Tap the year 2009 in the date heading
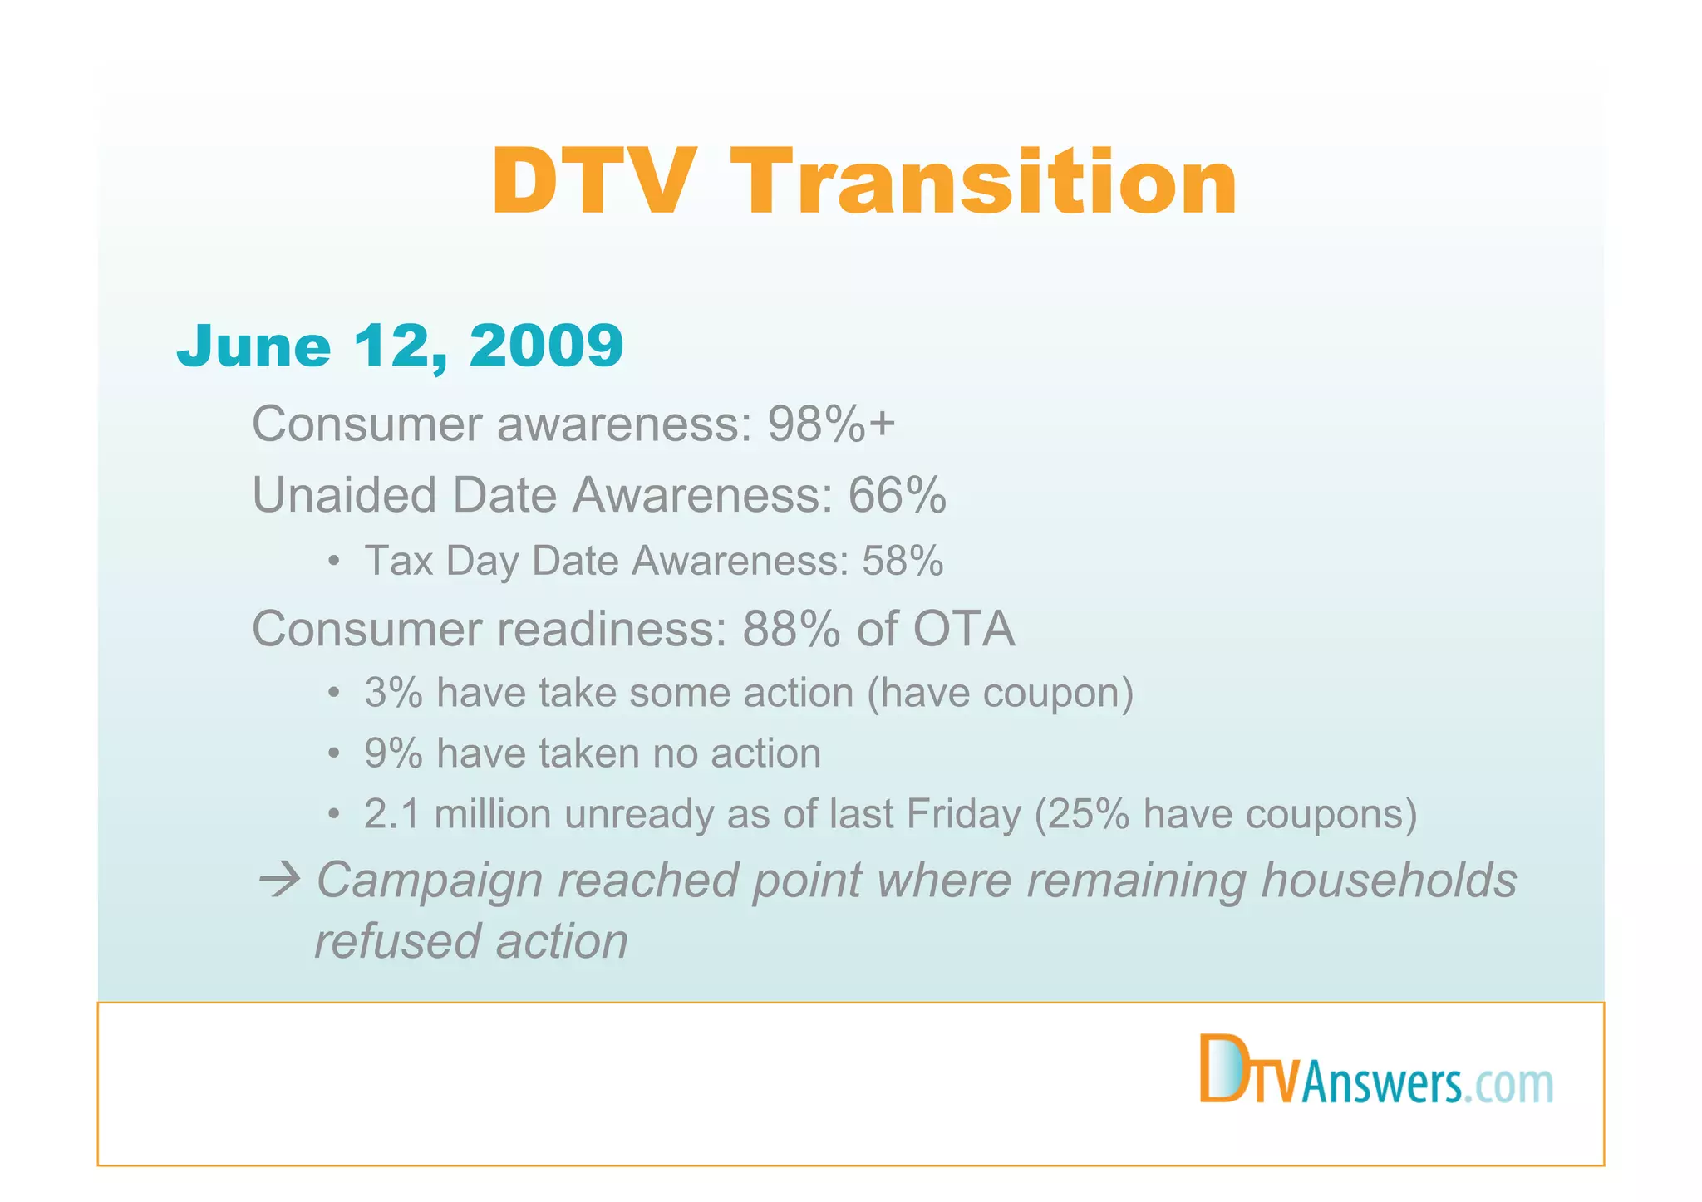click(x=546, y=345)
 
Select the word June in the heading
click(x=253, y=345)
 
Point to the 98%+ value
click(x=830, y=424)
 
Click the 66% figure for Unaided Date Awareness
click(x=897, y=495)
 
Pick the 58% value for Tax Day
click(x=903, y=561)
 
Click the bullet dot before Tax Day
click(x=333, y=561)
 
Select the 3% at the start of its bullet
click(x=393, y=693)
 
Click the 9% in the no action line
click(x=393, y=753)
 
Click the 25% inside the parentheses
click(x=1088, y=814)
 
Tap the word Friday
click(x=963, y=814)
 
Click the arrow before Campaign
click(x=279, y=880)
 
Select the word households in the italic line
click(x=1389, y=880)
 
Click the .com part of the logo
click(x=1508, y=1085)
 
